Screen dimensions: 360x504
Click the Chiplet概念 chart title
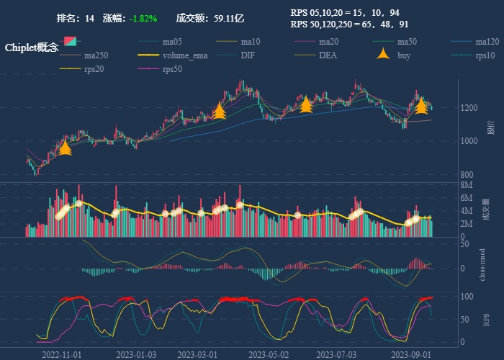(x=32, y=48)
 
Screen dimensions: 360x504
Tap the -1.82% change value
(x=143, y=18)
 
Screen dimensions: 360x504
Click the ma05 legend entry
(x=171, y=42)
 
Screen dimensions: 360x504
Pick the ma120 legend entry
(x=486, y=42)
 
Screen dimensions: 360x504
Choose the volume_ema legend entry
(x=184, y=55)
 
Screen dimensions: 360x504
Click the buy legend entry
(x=403, y=55)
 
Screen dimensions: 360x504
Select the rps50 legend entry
(x=171, y=69)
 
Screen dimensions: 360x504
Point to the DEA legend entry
(x=328, y=55)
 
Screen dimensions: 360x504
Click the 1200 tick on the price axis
(x=471, y=108)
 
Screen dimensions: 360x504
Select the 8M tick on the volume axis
(x=466, y=185)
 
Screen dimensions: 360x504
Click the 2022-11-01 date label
(x=63, y=354)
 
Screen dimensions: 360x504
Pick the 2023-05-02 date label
(x=268, y=354)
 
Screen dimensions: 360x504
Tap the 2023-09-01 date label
(x=410, y=354)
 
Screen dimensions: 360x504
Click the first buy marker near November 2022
(x=65, y=148)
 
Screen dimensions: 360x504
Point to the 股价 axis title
(x=490, y=130)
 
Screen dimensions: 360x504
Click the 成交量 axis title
(x=490, y=211)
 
